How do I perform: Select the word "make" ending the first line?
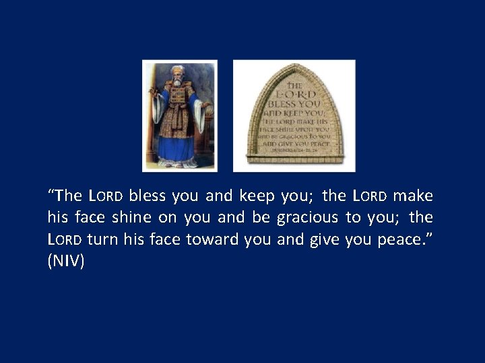(x=413, y=196)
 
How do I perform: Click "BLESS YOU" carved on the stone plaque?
(x=294, y=104)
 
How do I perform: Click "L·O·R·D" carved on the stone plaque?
(x=294, y=95)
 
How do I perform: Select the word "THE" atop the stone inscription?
(x=294, y=86)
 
